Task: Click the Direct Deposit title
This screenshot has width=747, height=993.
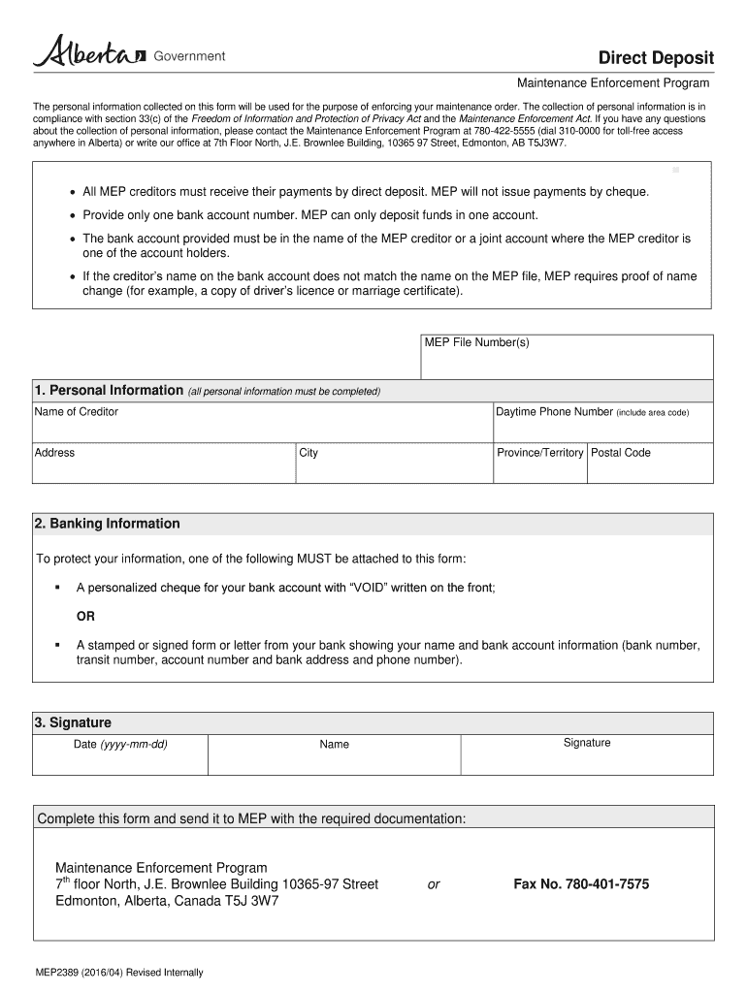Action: coord(655,58)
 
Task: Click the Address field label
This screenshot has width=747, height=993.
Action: coord(54,453)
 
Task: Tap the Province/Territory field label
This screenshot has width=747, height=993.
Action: coord(539,453)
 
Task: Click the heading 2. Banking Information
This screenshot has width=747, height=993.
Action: coord(107,524)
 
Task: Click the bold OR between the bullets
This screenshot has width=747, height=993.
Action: coord(85,617)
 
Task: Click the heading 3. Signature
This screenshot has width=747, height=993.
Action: coord(73,722)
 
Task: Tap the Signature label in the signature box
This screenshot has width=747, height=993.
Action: coord(587,743)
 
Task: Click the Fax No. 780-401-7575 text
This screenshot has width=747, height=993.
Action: coord(581,884)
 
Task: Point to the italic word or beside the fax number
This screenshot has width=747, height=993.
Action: coord(434,884)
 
